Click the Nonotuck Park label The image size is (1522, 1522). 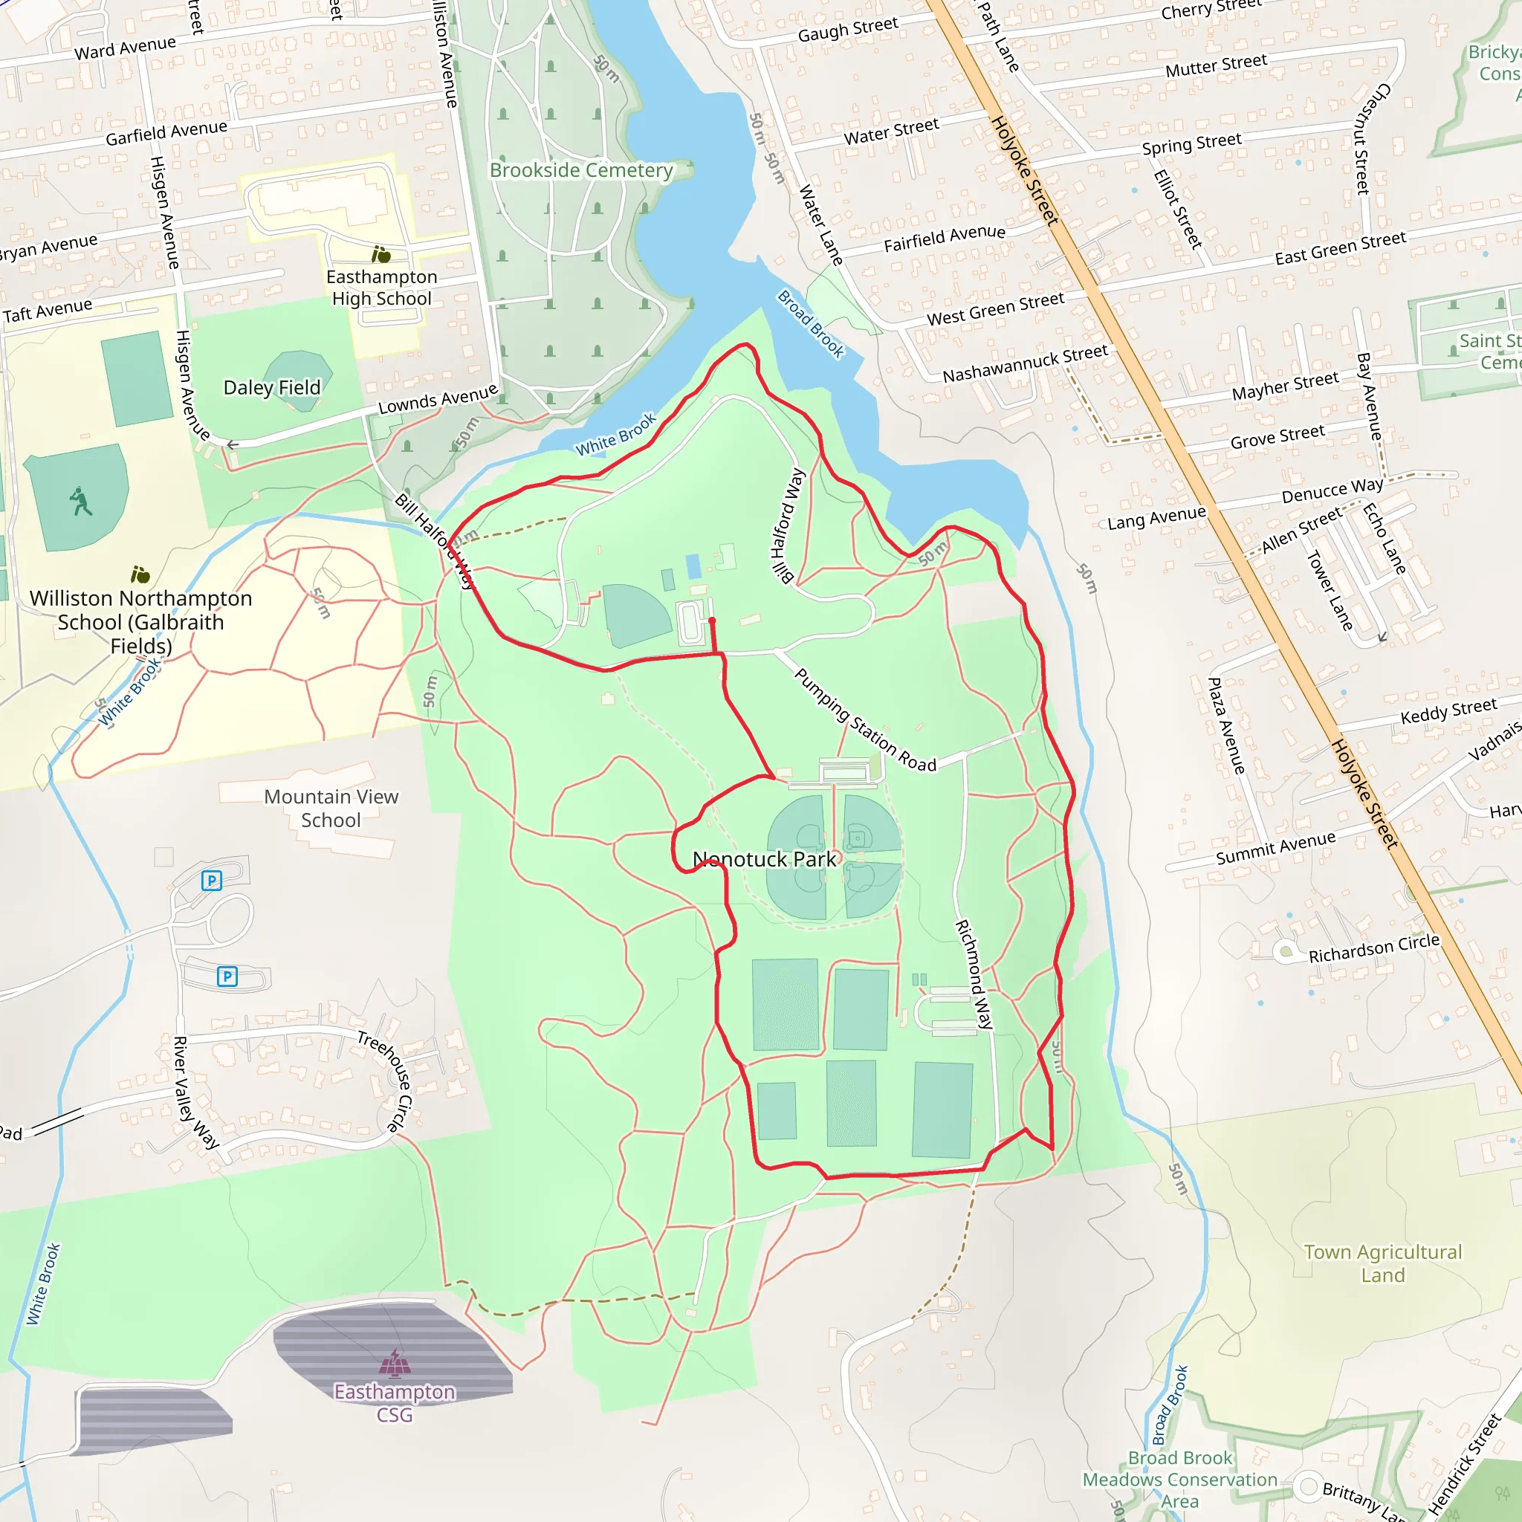point(764,860)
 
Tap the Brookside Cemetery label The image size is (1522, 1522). point(581,170)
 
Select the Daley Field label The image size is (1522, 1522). point(272,388)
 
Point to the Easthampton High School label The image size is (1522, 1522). point(382,288)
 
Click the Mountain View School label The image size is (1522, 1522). point(331,809)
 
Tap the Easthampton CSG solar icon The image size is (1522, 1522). point(395,1363)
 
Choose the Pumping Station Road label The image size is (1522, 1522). point(864,720)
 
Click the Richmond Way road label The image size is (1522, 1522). point(974,974)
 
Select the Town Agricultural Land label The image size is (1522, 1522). point(1382,1263)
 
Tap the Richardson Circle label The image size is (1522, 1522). point(1374,948)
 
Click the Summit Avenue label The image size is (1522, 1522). point(1275,848)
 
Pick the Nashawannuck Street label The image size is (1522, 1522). point(1025,363)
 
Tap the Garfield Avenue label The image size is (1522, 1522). point(166,132)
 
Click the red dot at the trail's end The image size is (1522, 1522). point(712,621)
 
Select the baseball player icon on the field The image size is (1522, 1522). point(80,501)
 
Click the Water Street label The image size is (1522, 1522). point(891,132)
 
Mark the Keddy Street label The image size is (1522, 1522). point(1448,711)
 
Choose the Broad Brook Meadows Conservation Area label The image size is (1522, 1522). point(1179,1480)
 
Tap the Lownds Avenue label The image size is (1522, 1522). point(438,399)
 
